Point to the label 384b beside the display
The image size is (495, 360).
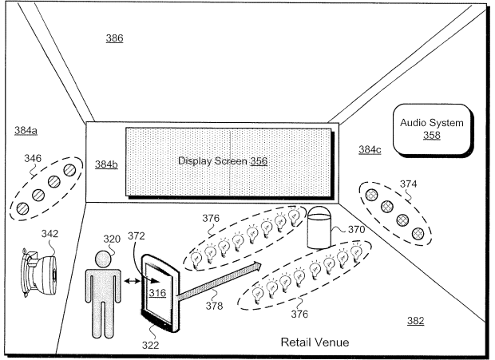[105, 164]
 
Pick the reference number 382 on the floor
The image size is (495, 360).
[414, 321]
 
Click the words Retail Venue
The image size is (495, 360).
[314, 342]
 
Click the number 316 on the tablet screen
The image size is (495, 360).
[157, 294]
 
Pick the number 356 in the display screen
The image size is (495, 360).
[258, 161]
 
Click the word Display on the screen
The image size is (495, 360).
[196, 161]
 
